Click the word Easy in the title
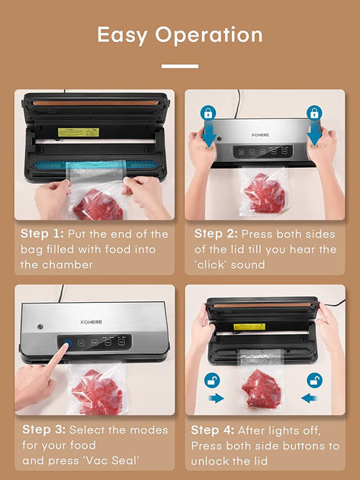click(122, 36)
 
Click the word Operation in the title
click(209, 36)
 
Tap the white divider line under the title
click(180, 66)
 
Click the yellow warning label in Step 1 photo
click(79, 132)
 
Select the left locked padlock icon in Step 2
click(208, 113)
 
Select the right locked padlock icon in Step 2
click(314, 113)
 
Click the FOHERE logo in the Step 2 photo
click(260, 135)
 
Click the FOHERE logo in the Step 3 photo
click(92, 322)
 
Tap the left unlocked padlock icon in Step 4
click(212, 381)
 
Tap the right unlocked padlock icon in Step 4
click(314, 381)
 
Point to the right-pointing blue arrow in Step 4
click(216, 398)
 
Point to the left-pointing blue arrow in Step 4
click(309, 398)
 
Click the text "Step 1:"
click(42, 234)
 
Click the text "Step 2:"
click(216, 234)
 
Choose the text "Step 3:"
click(43, 430)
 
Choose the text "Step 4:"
click(213, 430)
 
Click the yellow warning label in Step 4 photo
click(249, 327)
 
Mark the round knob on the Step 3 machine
click(40, 327)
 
